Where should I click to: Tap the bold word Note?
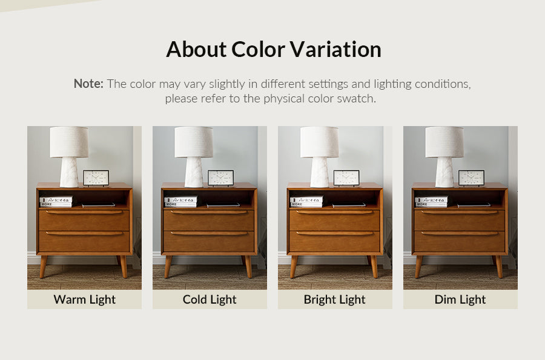pyautogui.click(x=88, y=84)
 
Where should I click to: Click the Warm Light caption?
pyautogui.click(x=84, y=299)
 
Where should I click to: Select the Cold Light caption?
pyautogui.click(x=210, y=299)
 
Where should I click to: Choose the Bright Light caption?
pyautogui.click(x=335, y=299)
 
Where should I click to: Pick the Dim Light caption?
pyautogui.click(x=460, y=299)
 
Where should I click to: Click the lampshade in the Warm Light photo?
pyautogui.click(x=69, y=142)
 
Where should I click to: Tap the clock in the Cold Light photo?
pyautogui.click(x=220, y=178)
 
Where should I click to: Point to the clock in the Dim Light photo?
pyautogui.click(x=471, y=178)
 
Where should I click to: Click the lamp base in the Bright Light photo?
pyautogui.click(x=319, y=172)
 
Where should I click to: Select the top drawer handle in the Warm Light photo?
pyautogui.click(x=84, y=212)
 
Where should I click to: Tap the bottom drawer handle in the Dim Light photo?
pyautogui.click(x=460, y=233)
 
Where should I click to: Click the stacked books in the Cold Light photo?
pyautogui.click(x=180, y=202)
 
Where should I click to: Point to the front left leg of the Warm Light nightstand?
pyautogui.click(x=43, y=267)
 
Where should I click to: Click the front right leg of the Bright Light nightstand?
pyautogui.click(x=374, y=267)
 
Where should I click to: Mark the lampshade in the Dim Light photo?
pyautogui.click(x=444, y=142)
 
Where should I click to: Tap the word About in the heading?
pyautogui.click(x=196, y=49)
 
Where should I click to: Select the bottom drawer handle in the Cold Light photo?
pyautogui.click(x=209, y=233)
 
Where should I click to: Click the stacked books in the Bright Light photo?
pyautogui.click(x=306, y=202)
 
